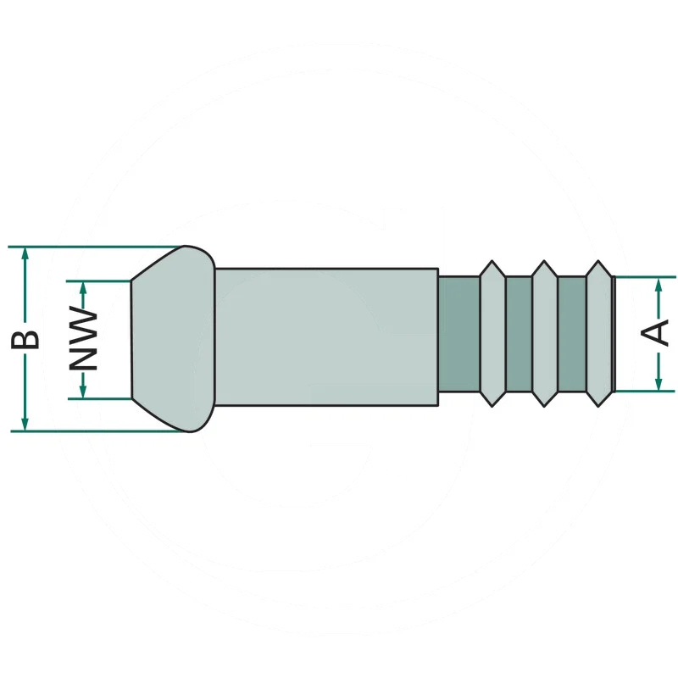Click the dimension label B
(x=25, y=339)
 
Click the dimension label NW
(x=83, y=338)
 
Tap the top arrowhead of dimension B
(x=25, y=254)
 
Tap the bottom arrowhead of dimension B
(x=25, y=424)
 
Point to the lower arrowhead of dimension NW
(x=83, y=391)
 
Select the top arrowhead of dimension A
(x=659, y=285)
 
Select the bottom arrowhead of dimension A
(x=659, y=384)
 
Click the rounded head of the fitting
(x=173, y=339)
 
